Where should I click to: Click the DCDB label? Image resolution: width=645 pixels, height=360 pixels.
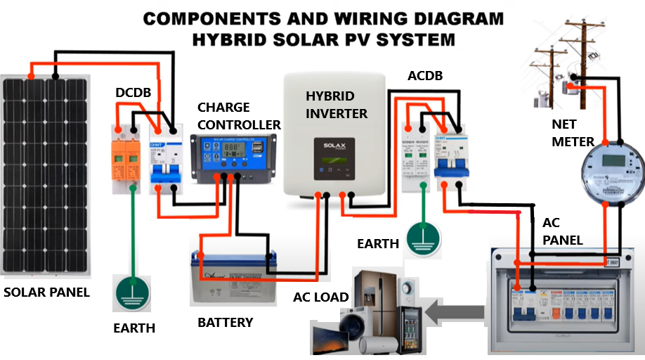click(133, 92)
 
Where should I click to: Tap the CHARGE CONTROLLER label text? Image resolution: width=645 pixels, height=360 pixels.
click(238, 117)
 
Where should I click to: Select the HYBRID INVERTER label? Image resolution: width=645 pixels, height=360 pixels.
click(336, 104)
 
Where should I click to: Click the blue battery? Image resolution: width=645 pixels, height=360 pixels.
click(231, 278)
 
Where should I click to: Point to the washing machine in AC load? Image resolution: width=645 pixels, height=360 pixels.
click(351, 330)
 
